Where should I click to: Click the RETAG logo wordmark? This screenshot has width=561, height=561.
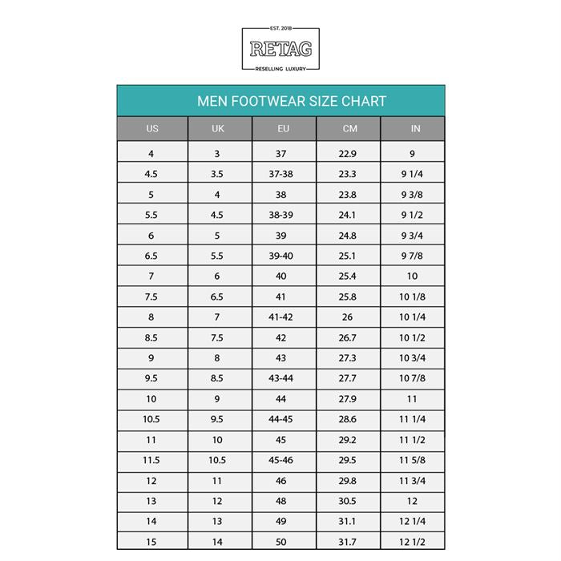coord(280,50)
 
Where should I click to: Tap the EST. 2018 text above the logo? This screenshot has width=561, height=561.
coord(280,32)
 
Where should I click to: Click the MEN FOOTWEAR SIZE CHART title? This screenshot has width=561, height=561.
coord(292,102)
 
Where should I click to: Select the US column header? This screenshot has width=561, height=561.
coord(152,129)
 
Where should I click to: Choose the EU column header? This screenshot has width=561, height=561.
coord(284,129)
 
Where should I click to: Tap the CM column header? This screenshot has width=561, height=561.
coord(349,129)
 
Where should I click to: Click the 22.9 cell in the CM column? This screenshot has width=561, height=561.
coord(348,153)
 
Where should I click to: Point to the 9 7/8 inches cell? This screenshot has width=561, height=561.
coord(413,256)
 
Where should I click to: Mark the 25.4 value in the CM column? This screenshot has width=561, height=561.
coord(348,276)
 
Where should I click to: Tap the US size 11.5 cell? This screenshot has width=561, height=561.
coord(151,460)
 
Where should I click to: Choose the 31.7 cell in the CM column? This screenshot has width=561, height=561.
coord(348,542)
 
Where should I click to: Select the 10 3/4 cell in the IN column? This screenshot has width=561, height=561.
coord(413,357)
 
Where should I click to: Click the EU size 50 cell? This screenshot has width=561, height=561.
coord(281,542)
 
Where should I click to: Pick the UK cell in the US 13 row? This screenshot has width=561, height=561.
coord(216,501)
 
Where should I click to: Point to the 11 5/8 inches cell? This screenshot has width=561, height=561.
coord(413,460)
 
